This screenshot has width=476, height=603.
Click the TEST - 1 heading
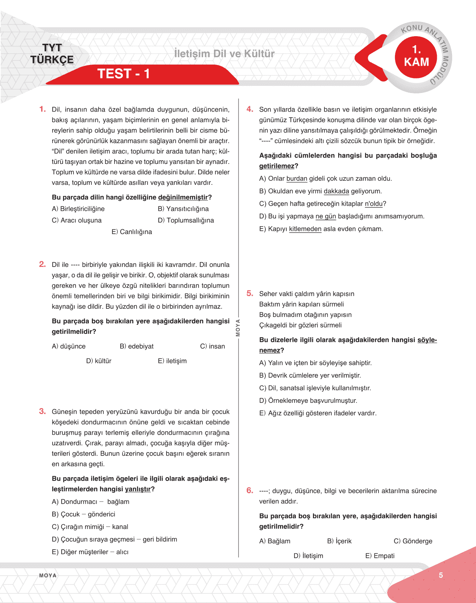[124, 74]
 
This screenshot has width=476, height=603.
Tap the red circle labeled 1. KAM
[416, 56]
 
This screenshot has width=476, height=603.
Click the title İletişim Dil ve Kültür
[224, 54]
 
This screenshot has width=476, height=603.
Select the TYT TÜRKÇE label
[52, 54]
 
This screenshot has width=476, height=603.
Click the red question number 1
[42, 109]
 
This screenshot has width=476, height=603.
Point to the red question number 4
[250, 109]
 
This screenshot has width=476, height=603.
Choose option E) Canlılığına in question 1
[132, 232]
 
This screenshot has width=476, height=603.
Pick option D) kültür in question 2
[99, 361]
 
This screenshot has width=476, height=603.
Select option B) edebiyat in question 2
[137, 346]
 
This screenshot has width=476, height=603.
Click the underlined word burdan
[297, 179]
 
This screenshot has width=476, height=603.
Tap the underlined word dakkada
[336, 192]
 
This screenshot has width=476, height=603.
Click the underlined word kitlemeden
[305, 229]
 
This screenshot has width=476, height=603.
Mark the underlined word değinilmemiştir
[183, 198]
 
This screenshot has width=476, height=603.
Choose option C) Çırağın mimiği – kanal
[90, 527]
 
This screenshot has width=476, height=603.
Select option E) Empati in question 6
[380, 556]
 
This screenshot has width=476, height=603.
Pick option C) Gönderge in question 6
[413, 541]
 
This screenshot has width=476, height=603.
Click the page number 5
[441, 575]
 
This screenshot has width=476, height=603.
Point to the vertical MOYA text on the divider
[238, 328]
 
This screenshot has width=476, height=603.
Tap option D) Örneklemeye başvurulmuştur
[308, 401]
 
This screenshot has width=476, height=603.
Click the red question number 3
[42, 411]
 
